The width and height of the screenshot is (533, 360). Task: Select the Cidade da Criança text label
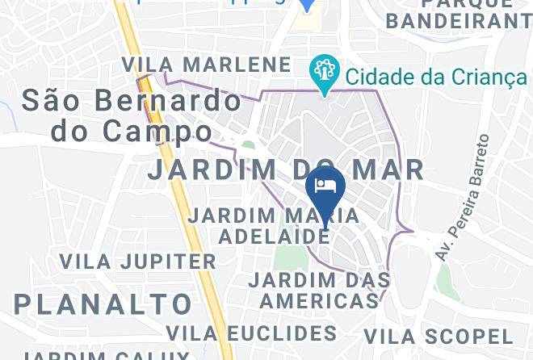[436, 77]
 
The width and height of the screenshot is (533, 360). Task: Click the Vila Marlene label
[207, 65]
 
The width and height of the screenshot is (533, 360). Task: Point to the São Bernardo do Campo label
[131, 114]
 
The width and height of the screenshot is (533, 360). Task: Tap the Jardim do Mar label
[286, 170]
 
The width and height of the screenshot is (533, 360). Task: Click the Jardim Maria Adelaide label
[273, 226]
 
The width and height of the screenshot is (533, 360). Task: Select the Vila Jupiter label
[138, 262]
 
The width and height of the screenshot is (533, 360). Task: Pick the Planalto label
[103, 304]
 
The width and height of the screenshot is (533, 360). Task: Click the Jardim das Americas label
[319, 291]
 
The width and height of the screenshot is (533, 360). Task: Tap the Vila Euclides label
[251, 333]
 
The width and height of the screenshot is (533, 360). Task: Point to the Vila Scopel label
[438, 337]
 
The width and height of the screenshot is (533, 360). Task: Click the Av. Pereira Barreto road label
[462, 198]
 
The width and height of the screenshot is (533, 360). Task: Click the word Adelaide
[275, 237]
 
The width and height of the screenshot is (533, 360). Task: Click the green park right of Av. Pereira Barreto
[443, 278]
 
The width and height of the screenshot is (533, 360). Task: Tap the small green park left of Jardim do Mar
[249, 147]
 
